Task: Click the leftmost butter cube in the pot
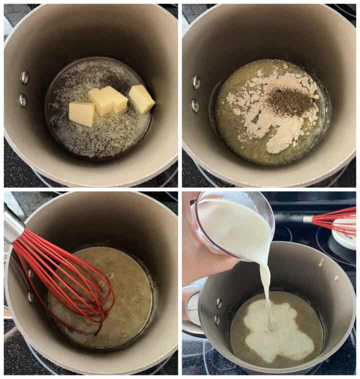pos(81,113)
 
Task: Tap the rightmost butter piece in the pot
pos(141,98)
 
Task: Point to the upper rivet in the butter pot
pos(24,77)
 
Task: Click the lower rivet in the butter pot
pos(23,100)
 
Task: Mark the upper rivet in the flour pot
pos(196,82)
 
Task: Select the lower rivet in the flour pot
pos(195,105)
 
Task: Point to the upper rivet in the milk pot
pos(219,301)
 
